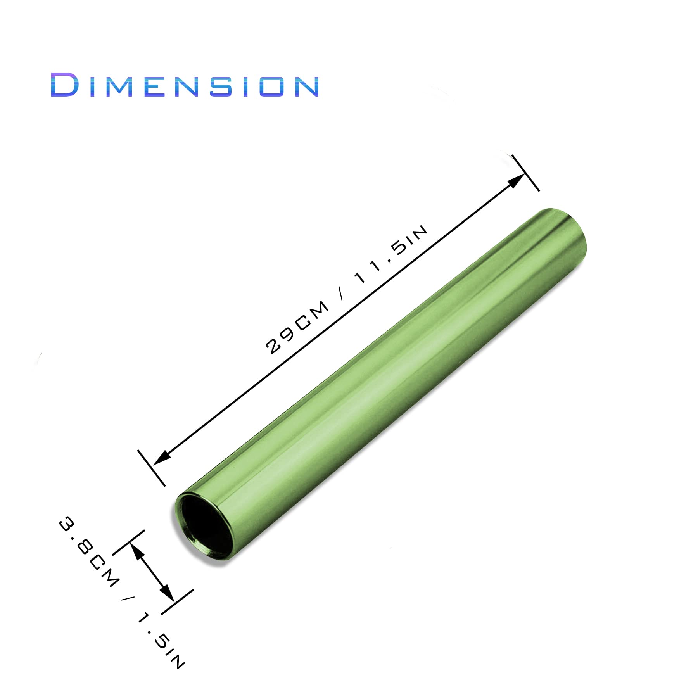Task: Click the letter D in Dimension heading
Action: tap(64, 85)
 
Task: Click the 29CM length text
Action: tap(297, 328)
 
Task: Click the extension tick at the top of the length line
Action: tap(525, 173)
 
